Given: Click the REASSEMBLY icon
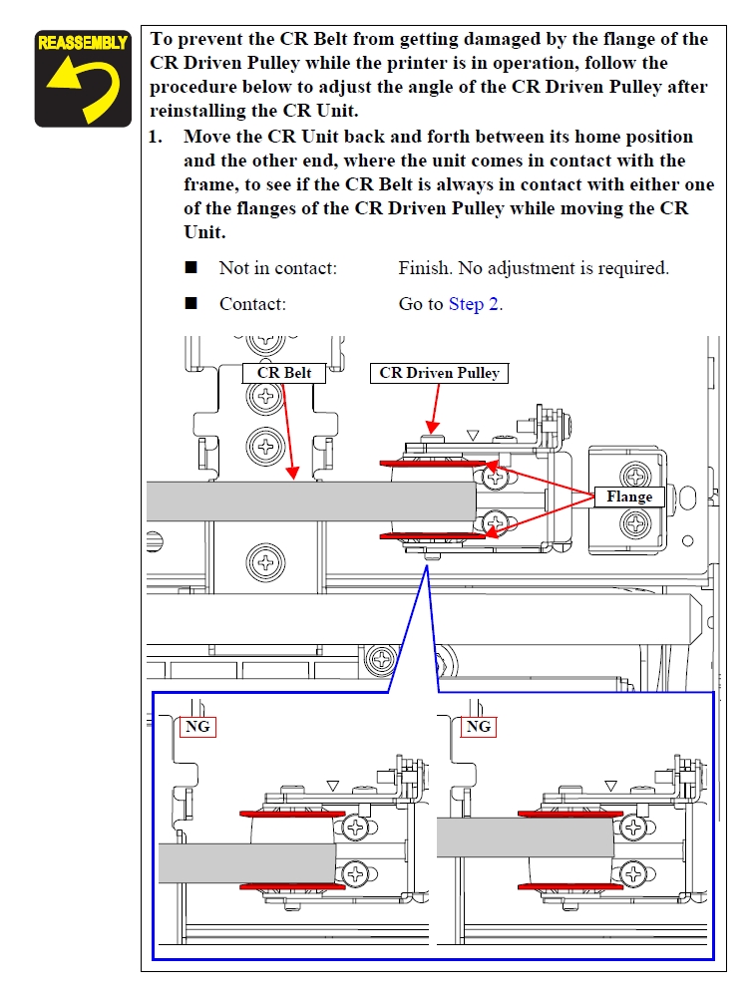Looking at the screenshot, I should click(83, 78).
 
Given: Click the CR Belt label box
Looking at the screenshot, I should click(284, 373).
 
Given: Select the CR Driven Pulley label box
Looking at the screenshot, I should click(439, 373).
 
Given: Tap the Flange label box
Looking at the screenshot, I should click(629, 497).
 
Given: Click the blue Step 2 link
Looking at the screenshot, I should click(474, 304).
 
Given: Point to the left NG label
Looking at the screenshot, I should click(197, 726).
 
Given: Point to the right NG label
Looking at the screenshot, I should click(479, 726).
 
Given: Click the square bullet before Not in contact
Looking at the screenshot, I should click(190, 268).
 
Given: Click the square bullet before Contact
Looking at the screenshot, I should click(190, 304).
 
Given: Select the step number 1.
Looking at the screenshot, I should click(155, 137).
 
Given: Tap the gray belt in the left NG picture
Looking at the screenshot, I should click(244, 862).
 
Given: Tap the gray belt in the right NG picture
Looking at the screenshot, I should click(524, 835).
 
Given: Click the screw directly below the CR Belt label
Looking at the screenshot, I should click(266, 397).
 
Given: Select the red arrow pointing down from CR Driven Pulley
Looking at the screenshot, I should click(431, 408).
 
